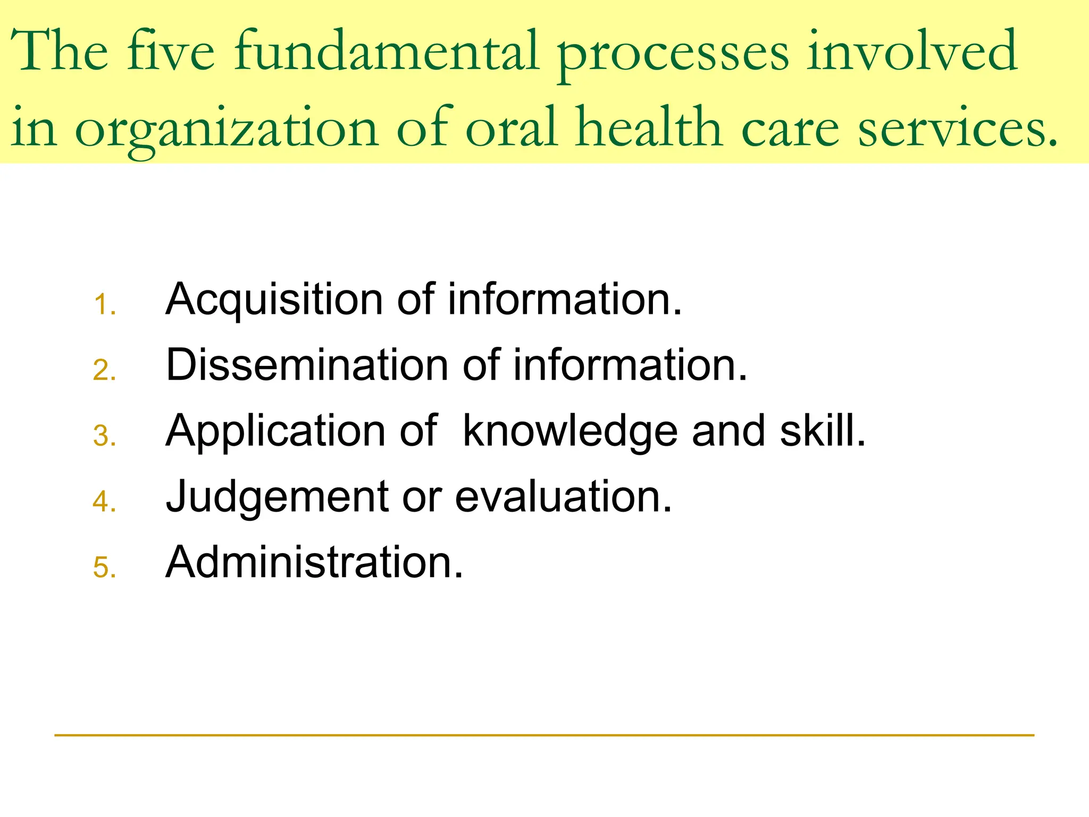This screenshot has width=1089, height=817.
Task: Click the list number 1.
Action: pyautogui.click(x=104, y=305)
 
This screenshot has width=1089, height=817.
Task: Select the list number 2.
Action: pyautogui.click(x=104, y=371)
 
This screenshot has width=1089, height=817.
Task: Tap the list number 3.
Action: pyautogui.click(x=104, y=437)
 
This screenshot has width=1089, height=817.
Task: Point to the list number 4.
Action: pyautogui.click(x=104, y=502)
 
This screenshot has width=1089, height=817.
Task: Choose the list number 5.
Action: pyautogui.click(x=104, y=568)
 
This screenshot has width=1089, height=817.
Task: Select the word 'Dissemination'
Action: pyautogui.click(x=307, y=365)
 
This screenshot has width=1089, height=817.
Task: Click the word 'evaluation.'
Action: pyautogui.click(x=564, y=497)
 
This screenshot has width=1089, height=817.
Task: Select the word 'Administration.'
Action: pyautogui.click(x=314, y=562)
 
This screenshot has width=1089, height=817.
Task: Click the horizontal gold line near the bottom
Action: pyautogui.click(x=544, y=735)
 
